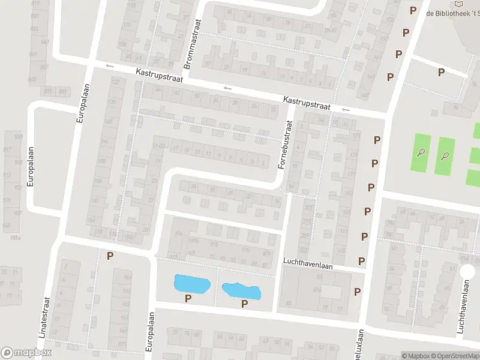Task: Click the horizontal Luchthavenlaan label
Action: pyautogui.click(x=311, y=263)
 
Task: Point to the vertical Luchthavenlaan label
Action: pyautogui.click(x=463, y=312)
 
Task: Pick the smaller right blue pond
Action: pyautogui.click(x=241, y=291)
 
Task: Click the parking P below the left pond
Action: pyautogui.click(x=188, y=298)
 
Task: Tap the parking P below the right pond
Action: pyautogui.click(x=244, y=304)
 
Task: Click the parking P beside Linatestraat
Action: pyautogui.click(x=110, y=256)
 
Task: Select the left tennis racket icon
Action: pyautogui.click(x=422, y=152)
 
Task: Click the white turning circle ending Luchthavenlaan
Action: pyautogui.click(x=466, y=271)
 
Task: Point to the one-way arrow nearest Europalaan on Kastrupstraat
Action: pyautogui.click(x=109, y=66)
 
